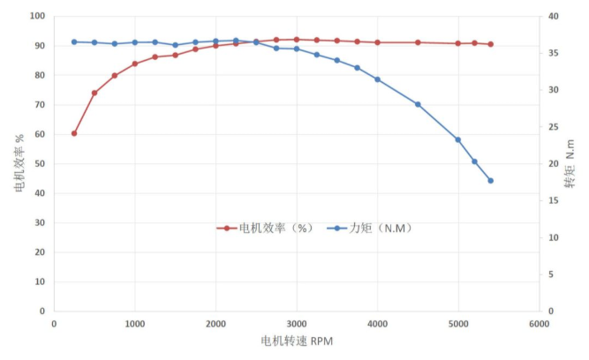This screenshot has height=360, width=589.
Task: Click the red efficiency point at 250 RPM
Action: click(74, 133)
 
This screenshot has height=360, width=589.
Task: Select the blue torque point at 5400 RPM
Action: click(491, 181)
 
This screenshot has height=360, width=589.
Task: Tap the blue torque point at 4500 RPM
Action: click(418, 104)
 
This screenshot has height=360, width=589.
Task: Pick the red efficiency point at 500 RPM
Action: click(94, 93)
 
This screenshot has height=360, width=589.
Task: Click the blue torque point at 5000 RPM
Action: click(458, 139)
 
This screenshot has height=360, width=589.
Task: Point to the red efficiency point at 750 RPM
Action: click(115, 76)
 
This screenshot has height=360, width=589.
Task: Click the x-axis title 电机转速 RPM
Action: click(297, 341)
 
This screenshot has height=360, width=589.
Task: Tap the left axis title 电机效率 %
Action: click(19, 163)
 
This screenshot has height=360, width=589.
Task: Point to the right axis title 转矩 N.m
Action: click(570, 163)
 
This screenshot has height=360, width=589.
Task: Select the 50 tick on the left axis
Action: click(40, 163)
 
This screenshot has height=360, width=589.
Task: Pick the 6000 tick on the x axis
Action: click(540, 324)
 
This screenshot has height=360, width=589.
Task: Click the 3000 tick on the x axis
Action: click(297, 324)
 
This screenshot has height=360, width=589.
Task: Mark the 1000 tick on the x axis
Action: click(135, 324)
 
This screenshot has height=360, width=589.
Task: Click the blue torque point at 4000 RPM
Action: click(377, 79)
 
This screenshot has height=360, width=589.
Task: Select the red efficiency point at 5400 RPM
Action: click(491, 44)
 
